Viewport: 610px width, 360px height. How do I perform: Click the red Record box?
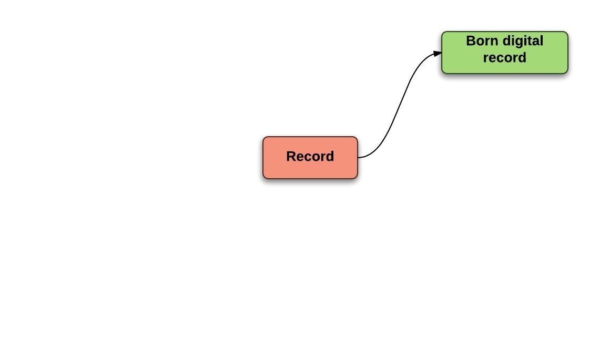coord(310,158)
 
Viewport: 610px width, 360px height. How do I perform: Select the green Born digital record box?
coord(504,53)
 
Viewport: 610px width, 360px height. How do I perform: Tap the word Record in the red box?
coord(310,157)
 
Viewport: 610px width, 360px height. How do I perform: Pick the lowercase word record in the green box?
coord(504,57)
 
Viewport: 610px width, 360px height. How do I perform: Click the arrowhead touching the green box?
coord(438,53)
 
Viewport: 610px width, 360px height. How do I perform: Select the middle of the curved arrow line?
coord(400,105)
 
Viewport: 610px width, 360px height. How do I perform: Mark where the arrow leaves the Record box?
coord(359,157)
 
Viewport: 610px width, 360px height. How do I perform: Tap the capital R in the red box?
coord(291,157)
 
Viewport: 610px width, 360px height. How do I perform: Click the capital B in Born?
coord(471,41)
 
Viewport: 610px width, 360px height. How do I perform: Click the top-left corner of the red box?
coord(265,138)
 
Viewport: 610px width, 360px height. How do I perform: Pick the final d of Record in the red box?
coord(330,157)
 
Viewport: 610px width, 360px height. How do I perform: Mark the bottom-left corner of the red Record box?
coord(265,177)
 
